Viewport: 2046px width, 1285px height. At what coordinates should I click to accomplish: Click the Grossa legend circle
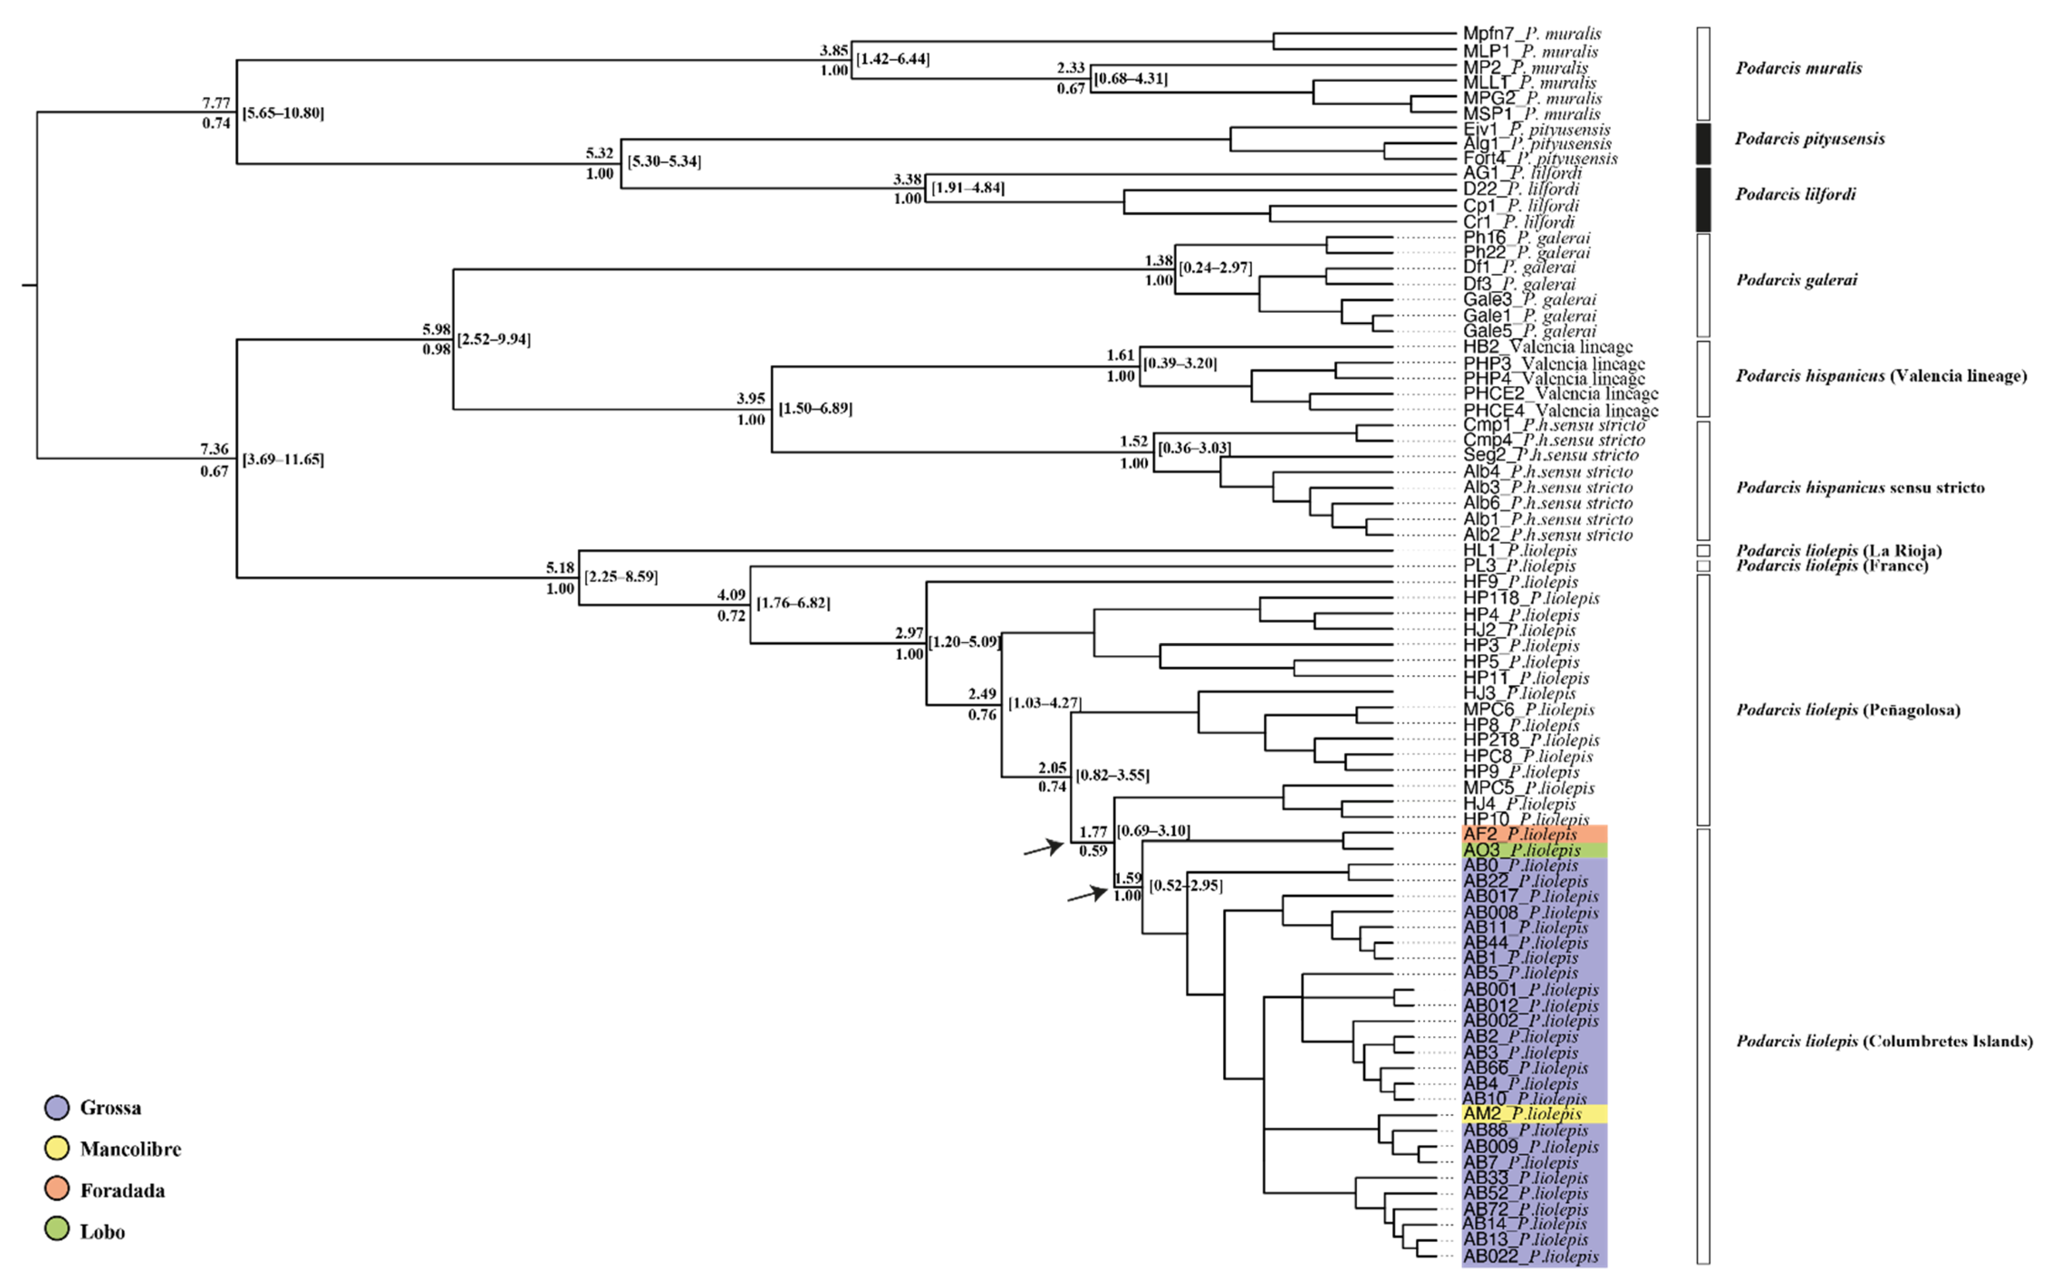coord(57,1107)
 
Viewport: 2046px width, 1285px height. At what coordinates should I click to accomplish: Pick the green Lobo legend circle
coord(57,1231)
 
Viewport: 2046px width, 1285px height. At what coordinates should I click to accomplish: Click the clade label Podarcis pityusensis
coord(1810,139)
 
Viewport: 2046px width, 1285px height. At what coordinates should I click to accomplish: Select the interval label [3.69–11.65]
coord(283,460)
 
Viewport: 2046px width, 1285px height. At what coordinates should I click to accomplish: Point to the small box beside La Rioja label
coord(1703,551)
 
